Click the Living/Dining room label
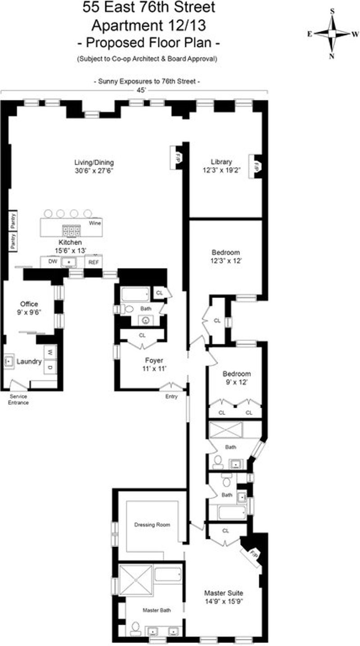point(94,163)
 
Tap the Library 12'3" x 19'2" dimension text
point(221,170)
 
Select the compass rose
point(332,34)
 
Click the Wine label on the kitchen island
point(95,223)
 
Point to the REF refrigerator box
point(94,262)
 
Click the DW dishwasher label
point(53,261)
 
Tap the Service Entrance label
point(18,399)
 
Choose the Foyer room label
point(154,360)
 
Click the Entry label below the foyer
point(171,397)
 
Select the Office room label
point(29,304)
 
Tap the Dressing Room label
point(152,524)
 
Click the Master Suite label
point(223,593)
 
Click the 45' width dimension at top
point(141,90)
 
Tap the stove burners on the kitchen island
point(71,230)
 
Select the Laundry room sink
point(9,361)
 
